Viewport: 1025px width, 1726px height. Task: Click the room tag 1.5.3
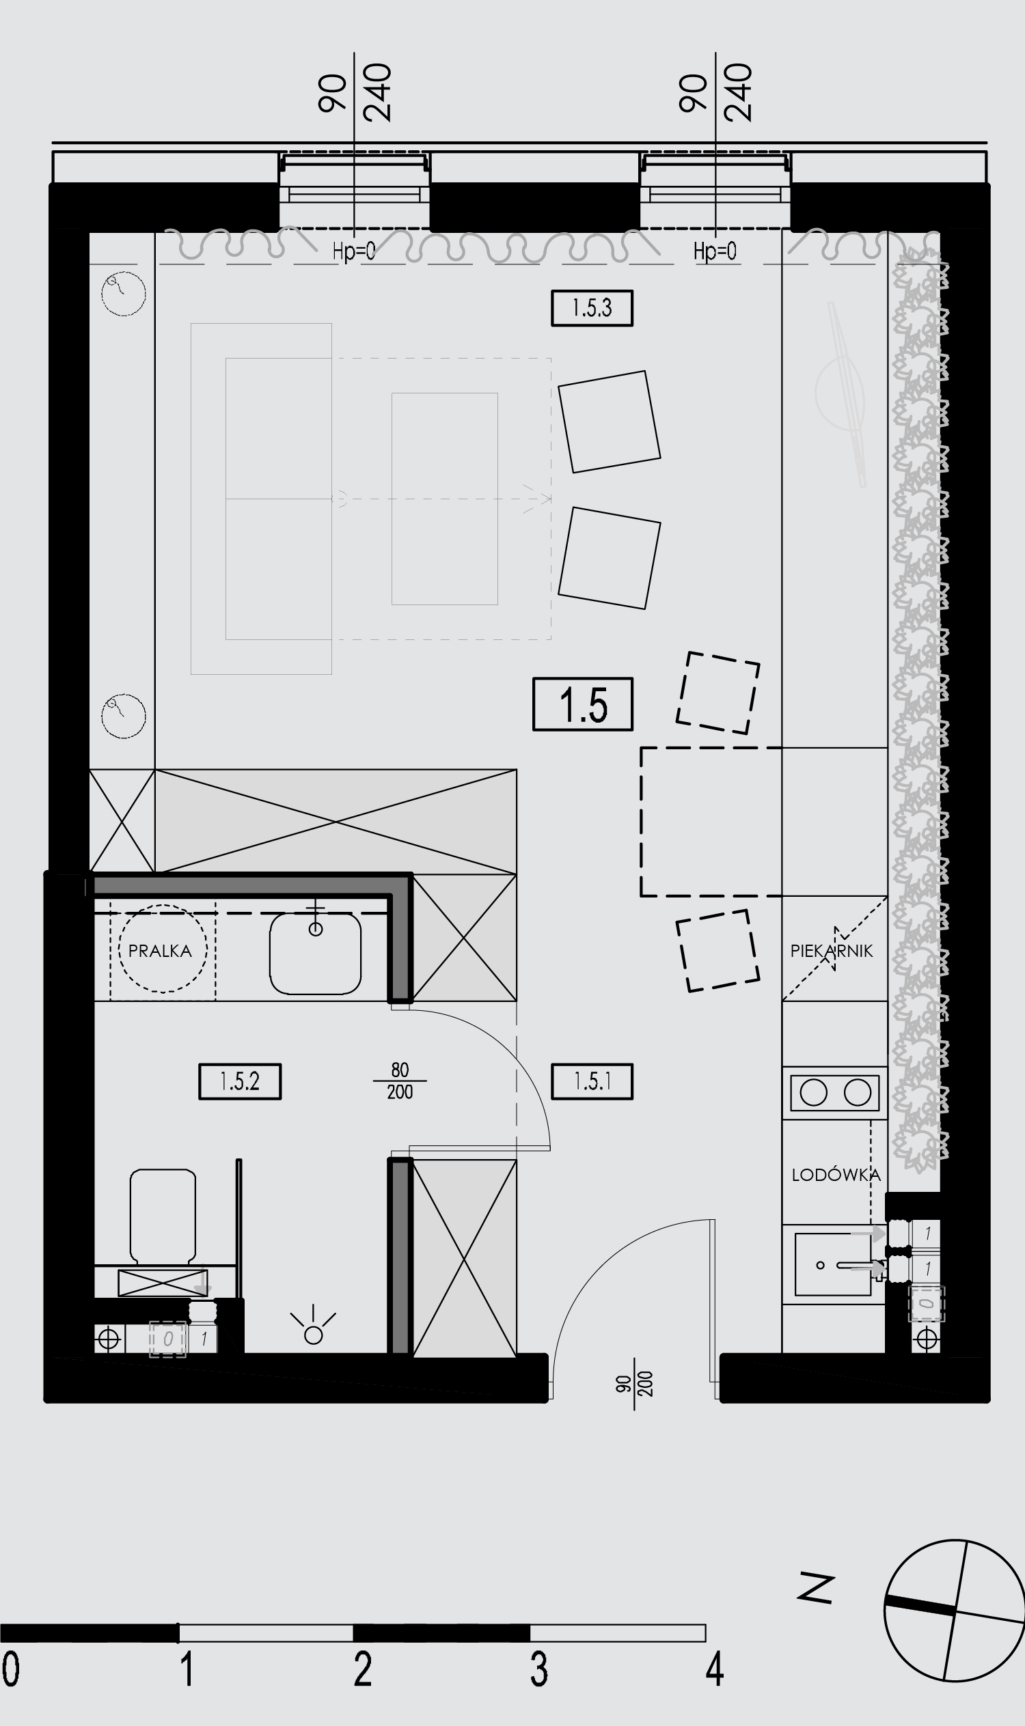click(x=592, y=308)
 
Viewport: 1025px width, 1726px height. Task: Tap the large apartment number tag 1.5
click(x=583, y=704)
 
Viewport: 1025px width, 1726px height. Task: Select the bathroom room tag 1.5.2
click(x=240, y=1081)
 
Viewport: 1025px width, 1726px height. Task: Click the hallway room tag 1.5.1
click(x=592, y=1081)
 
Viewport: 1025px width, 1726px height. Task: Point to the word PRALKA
click(x=159, y=951)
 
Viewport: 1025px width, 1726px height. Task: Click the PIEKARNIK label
click(x=832, y=951)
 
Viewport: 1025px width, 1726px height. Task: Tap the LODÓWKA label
click(x=836, y=1174)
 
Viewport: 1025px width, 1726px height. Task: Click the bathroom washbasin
click(x=315, y=953)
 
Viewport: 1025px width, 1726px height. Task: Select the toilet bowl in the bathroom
click(x=163, y=1214)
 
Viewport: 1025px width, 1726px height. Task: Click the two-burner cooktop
click(x=835, y=1093)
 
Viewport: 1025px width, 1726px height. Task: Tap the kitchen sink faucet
click(x=856, y=1266)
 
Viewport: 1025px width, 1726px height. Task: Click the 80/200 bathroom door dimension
click(x=400, y=1081)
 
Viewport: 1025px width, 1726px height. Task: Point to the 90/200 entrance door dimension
click(x=635, y=1384)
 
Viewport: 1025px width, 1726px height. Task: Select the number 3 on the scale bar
click(x=538, y=1669)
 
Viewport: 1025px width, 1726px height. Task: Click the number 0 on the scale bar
click(x=11, y=1669)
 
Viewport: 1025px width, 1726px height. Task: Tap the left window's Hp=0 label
click(x=354, y=251)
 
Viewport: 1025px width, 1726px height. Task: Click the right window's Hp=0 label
click(x=715, y=251)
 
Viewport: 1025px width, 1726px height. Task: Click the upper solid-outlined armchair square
click(x=610, y=422)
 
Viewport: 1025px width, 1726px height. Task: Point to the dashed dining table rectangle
click(x=711, y=822)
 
